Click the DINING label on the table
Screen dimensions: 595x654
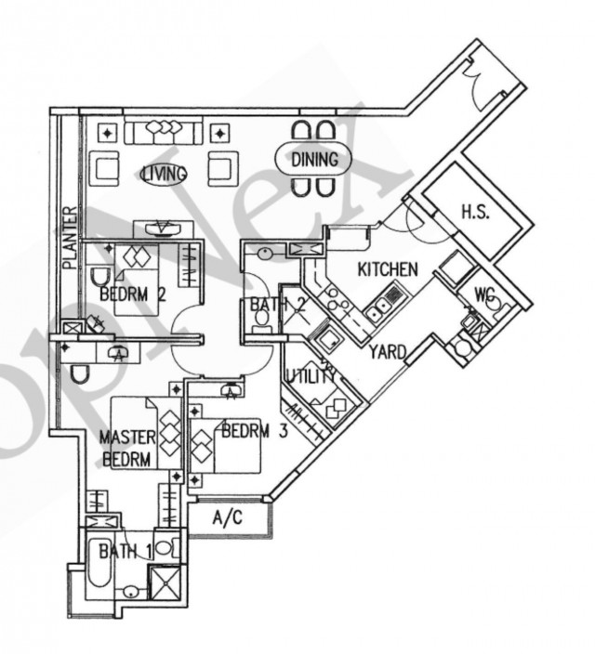click(x=314, y=160)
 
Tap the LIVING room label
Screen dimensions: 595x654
click(x=164, y=174)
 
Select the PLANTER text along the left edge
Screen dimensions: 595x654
click(x=71, y=237)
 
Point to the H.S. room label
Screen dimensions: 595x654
click(x=476, y=212)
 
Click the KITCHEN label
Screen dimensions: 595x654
click(x=388, y=269)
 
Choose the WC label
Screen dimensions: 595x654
click(x=484, y=295)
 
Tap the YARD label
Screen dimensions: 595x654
click(x=388, y=352)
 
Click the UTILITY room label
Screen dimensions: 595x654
click(x=311, y=376)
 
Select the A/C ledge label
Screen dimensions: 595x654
click(x=228, y=517)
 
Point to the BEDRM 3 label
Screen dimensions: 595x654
click(x=255, y=430)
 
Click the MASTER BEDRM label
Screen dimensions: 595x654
click(x=126, y=449)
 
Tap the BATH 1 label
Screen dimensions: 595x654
click(x=125, y=552)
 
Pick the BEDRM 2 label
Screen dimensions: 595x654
click(x=133, y=294)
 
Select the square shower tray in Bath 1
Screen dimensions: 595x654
click(x=165, y=582)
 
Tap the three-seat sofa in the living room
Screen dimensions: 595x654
click(x=164, y=130)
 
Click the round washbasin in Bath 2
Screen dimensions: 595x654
click(x=265, y=253)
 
